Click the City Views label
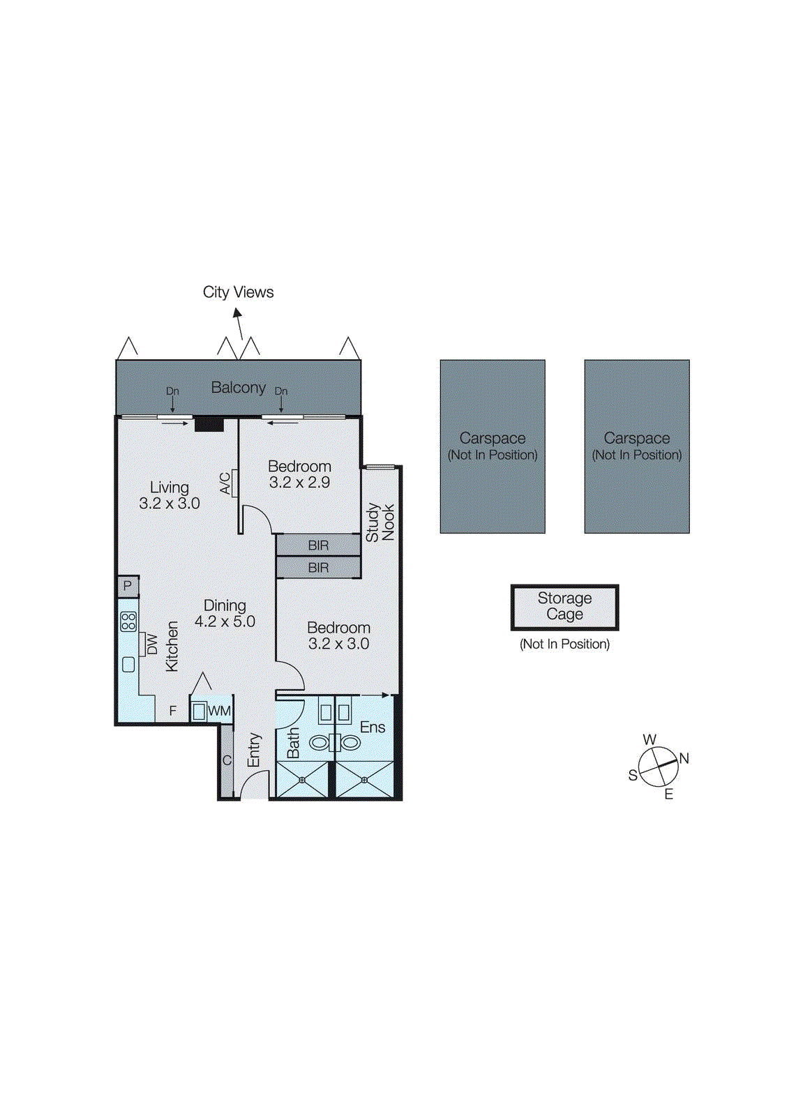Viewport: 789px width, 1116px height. (238, 292)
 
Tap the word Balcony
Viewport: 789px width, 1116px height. (238, 387)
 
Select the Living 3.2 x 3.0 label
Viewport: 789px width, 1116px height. (170, 495)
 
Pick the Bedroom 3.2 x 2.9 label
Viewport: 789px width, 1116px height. (299, 474)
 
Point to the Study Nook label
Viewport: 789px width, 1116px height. (380, 522)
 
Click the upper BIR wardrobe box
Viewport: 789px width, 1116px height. (318, 545)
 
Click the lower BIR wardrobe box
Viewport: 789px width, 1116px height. (318, 568)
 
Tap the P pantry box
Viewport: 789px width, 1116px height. (128, 586)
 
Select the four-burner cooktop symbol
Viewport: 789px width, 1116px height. (128, 621)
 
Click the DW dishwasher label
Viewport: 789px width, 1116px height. (151, 644)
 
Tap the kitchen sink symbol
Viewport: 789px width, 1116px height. (128, 664)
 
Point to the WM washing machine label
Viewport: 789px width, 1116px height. (219, 711)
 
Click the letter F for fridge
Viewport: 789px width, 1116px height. (173, 711)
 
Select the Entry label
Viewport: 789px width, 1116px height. (254, 750)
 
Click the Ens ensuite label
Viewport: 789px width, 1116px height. (373, 727)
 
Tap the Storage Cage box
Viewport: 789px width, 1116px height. (564, 607)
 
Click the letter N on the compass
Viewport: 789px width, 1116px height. (684, 759)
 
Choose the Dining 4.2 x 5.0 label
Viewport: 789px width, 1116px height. (225, 613)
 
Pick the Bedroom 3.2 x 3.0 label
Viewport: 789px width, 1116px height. (338, 635)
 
